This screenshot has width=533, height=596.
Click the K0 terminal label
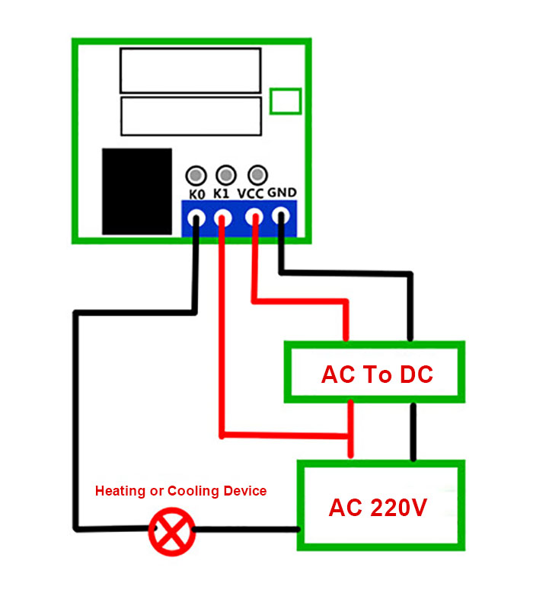(197, 194)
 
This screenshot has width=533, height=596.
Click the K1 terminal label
(221, 193)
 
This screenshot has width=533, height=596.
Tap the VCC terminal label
(251, 193)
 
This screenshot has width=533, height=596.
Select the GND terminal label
(282, 193)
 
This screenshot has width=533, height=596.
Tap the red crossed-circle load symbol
(172, 531)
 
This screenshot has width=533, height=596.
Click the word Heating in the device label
(120, 491)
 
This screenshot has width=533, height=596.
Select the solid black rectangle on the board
(137, 192)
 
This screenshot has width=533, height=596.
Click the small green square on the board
(286, 101)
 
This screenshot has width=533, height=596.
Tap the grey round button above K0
(196, 176)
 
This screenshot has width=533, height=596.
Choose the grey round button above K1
(226, 175)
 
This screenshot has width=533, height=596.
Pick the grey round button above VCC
(258, 175)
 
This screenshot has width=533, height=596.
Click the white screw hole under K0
(196, 218)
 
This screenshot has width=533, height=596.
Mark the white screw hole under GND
(281, 216)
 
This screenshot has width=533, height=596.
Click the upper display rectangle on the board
(190, 71)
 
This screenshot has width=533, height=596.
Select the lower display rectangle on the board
(191, 116)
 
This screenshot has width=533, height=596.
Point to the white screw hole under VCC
(254, 217)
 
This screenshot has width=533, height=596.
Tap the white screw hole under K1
(223, 218)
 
